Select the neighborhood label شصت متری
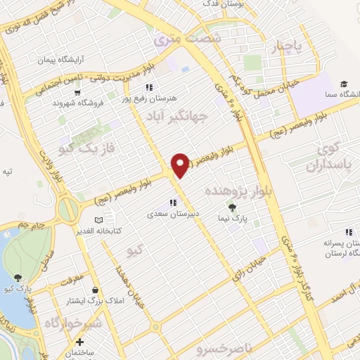(188, 38)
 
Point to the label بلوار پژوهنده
(236, 191)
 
